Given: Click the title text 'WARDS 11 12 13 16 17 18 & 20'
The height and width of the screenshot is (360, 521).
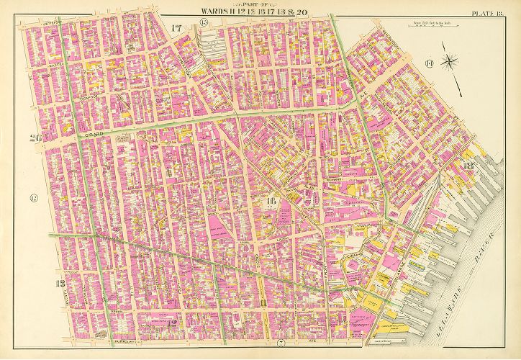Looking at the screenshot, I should (260, 10).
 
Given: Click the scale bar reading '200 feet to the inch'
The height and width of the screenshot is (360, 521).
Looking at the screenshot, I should (427, 27).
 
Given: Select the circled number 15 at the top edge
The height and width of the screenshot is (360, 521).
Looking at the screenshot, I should (204, 24).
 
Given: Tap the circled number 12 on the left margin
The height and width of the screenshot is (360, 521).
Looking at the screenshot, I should (33, 198).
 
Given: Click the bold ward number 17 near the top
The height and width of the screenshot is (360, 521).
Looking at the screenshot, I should (177, 28).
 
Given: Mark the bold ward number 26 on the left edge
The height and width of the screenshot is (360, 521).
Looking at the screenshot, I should (34, 138).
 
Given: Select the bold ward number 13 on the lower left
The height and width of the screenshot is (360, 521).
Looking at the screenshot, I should (61, 282).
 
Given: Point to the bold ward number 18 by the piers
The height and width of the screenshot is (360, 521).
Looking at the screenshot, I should (469, 168).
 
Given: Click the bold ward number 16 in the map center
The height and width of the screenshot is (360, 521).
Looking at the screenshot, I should (272, 202).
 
